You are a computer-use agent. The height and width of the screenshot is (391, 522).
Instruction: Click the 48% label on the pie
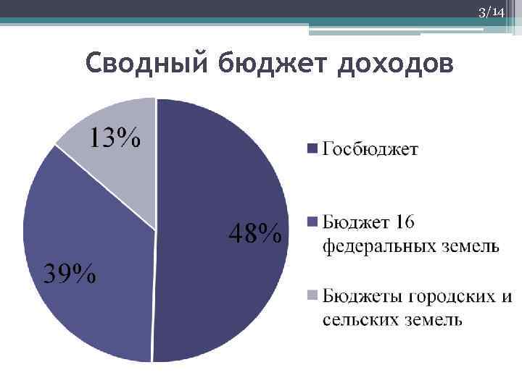coord(255,233)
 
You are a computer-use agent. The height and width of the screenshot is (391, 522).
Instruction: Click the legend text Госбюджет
coord(370,149)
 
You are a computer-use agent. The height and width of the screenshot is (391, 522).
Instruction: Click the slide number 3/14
coord(491,12)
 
